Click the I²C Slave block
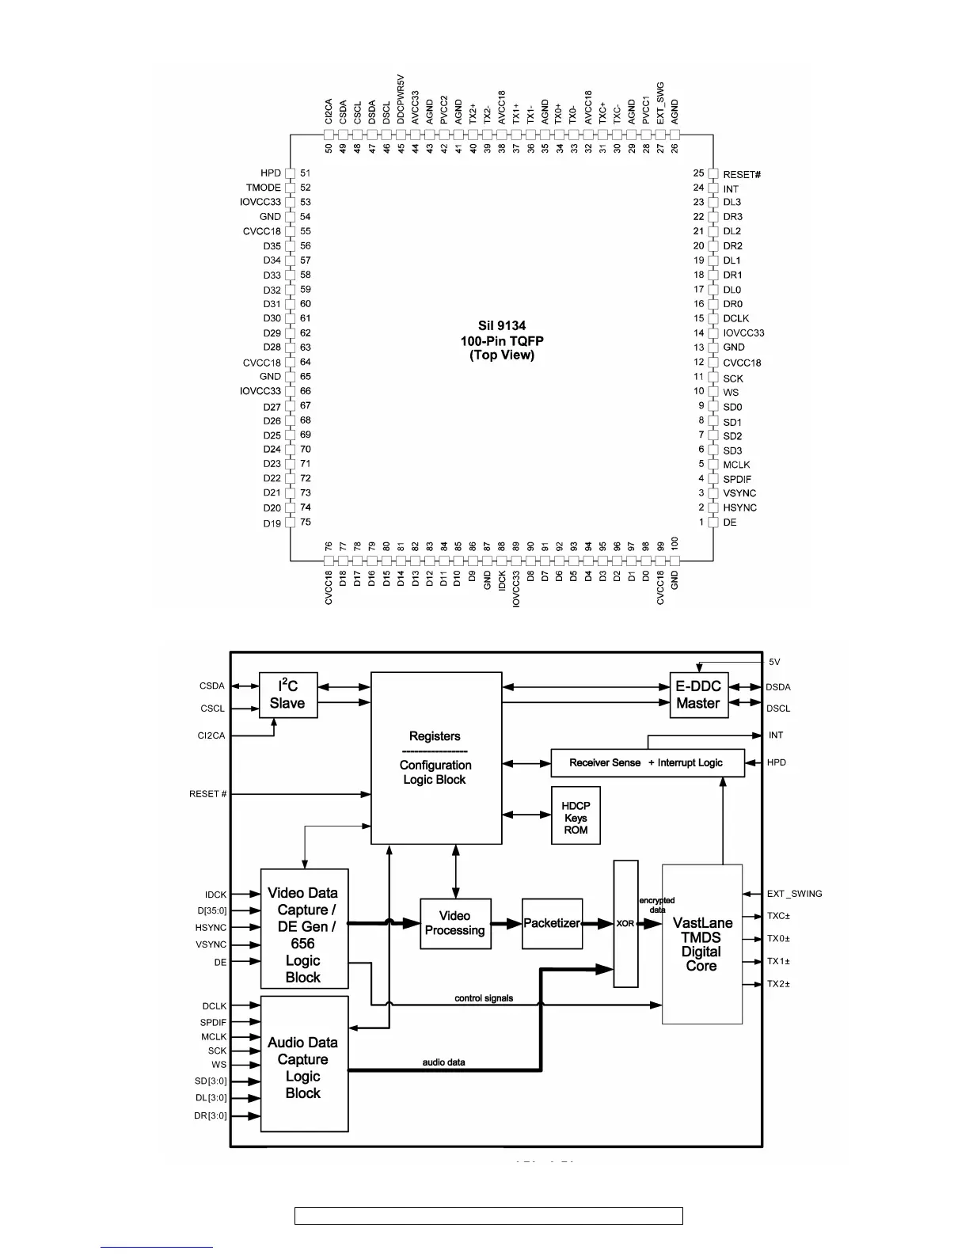coord(288,695)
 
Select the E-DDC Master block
coord(698,695)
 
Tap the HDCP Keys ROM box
coord(576,817)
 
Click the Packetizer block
coord(552,923)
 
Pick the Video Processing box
coord(454,923)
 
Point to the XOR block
coord(625,924)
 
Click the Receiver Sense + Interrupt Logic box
coord(647,762)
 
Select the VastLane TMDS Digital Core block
coord(701,944)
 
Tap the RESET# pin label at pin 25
coord(742,174)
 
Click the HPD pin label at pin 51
coord(271,173)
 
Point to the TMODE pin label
coord(264,188)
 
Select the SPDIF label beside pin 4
coord(737,479)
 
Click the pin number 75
coord(306,522)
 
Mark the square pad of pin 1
coord(713,522)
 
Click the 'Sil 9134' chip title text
coord(501,326)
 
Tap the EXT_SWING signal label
coord(794,894)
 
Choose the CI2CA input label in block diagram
coord(211,735)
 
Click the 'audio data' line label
coord(443,1062)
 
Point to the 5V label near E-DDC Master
coord(774,662)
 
